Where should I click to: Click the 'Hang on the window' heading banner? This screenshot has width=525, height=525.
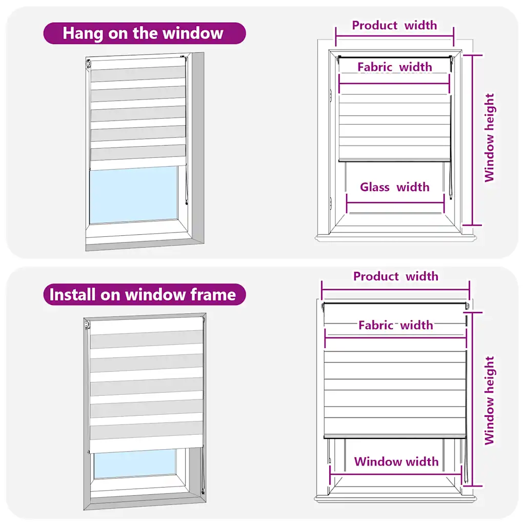(145, 33)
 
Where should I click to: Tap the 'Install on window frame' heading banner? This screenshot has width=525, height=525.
(145, 294)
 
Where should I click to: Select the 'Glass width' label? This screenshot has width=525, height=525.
(395, 187)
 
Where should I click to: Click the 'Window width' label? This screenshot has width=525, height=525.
(396, 461)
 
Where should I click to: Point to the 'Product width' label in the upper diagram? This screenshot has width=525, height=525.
(394, 25)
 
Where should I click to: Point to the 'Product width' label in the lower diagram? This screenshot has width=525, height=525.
(396, 276)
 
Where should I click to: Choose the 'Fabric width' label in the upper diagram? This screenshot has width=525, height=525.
(395, 67)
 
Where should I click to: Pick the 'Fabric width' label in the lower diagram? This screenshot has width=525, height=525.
(396, 325)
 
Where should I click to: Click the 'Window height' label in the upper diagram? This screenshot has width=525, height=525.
(489, 137)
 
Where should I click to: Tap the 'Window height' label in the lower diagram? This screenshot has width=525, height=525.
(489, 400)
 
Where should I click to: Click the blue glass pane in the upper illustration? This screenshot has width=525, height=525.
(134, 195)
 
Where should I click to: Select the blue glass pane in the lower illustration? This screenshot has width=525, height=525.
(135, 463)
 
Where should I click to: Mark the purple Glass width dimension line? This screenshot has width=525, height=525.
(395, 203)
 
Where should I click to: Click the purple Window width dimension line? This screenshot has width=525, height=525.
(397, 474)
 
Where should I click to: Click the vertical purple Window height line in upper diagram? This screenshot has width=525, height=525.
(472, 140)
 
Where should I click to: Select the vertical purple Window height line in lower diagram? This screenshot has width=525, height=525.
(472, 399)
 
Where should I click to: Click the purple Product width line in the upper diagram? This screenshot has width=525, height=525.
(395, 36)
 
